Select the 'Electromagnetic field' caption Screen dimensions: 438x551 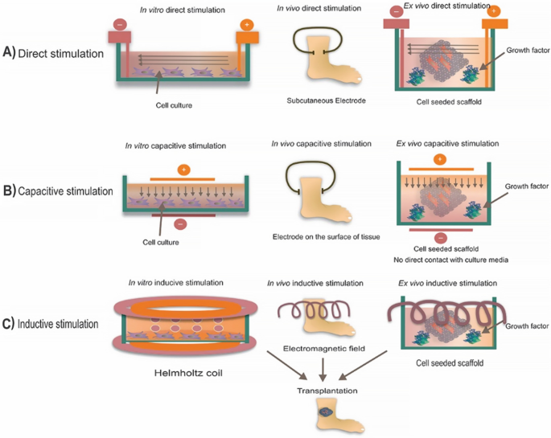[321, 349]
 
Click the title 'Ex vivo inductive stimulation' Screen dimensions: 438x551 [448, 282]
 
